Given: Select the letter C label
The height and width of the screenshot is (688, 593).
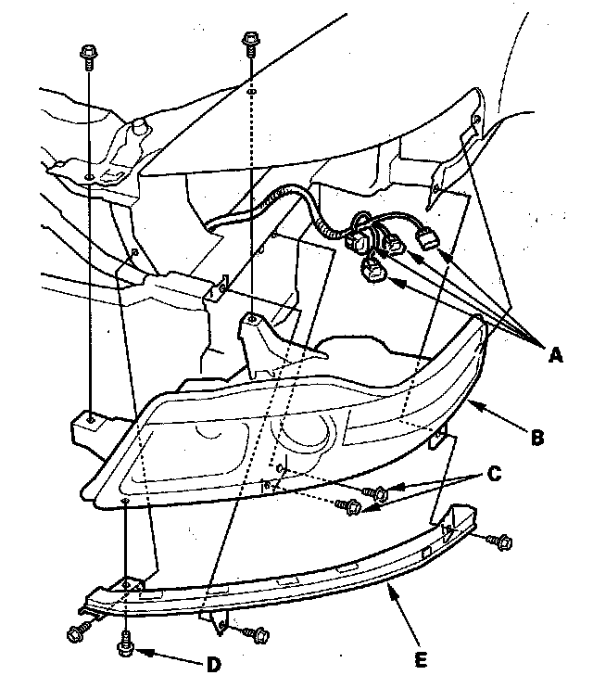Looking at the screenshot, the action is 495,474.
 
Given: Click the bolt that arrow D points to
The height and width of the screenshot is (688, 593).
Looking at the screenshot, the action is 125,642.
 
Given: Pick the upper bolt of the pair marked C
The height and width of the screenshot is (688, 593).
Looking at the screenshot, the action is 375,492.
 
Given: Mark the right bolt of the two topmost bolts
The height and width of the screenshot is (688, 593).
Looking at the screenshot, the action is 248,41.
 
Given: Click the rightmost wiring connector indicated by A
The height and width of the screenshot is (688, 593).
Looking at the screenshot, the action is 427,239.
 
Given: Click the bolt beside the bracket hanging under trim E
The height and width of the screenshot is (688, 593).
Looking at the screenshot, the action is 259,635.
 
